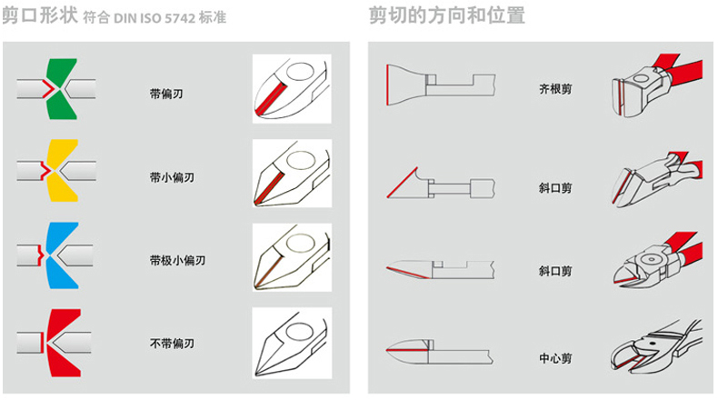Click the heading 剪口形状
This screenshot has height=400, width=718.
coord(40,15)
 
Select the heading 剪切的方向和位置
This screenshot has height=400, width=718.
coord(446,15)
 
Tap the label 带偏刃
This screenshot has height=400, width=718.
coord(166,94)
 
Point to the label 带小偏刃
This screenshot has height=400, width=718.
coord(172,177)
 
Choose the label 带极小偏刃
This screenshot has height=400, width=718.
coord(177,260)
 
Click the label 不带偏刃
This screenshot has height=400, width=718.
coord(172,344)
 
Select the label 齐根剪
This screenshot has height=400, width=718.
coord(555,89)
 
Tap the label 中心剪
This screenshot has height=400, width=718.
coord(555,358)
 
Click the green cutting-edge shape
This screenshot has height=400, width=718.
coord(62,89)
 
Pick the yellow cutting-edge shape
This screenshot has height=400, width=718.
coord(62,170)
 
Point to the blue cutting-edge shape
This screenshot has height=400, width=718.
coord(62,255)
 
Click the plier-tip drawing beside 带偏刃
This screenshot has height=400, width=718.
coord(292,89)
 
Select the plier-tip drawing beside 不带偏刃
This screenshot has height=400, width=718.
coord(292,343)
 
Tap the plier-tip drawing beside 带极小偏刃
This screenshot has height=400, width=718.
coord(292,257)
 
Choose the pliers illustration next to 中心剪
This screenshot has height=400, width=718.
coord(656,345)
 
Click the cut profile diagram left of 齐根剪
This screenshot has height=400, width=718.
coord(440,85)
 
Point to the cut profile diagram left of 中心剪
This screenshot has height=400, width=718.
coord(439,352)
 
